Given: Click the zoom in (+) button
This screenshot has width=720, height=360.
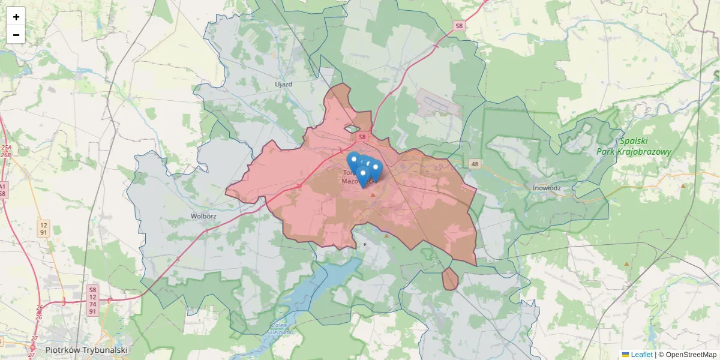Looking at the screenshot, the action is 16,17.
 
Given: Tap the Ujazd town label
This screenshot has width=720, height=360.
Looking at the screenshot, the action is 283,84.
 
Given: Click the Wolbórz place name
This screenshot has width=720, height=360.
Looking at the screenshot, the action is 203,215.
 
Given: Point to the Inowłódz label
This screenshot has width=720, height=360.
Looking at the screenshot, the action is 546,188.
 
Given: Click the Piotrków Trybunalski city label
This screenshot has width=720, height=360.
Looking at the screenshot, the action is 86,350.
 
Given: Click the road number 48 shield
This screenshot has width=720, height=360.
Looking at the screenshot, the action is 475,164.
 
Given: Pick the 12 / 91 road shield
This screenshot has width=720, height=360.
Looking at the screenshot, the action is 43,228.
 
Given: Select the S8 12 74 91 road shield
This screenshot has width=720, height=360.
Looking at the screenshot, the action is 92,301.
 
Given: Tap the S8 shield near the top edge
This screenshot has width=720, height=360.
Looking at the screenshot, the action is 459,26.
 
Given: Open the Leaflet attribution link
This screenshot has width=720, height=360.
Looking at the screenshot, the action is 641,355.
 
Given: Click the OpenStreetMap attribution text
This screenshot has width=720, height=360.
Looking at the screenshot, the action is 688,355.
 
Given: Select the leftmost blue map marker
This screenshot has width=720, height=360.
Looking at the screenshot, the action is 353,161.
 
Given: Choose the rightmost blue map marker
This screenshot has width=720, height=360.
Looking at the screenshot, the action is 376,169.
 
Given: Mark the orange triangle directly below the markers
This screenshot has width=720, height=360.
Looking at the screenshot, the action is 373,194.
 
